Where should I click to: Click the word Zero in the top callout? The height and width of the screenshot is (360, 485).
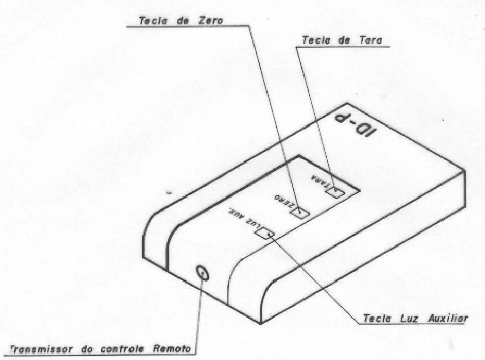point(209,21)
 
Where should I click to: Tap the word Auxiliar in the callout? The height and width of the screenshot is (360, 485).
point(448,318)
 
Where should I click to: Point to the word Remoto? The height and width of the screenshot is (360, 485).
point(172,349)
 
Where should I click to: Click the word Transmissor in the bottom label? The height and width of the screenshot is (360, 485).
point(42,349)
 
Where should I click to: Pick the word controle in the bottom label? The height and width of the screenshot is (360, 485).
point(122,349)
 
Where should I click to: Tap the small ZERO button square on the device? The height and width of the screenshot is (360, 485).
point(301,213)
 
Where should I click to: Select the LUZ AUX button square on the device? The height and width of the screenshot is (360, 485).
point(266,233)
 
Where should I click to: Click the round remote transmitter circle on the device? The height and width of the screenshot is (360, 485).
point(203,274)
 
